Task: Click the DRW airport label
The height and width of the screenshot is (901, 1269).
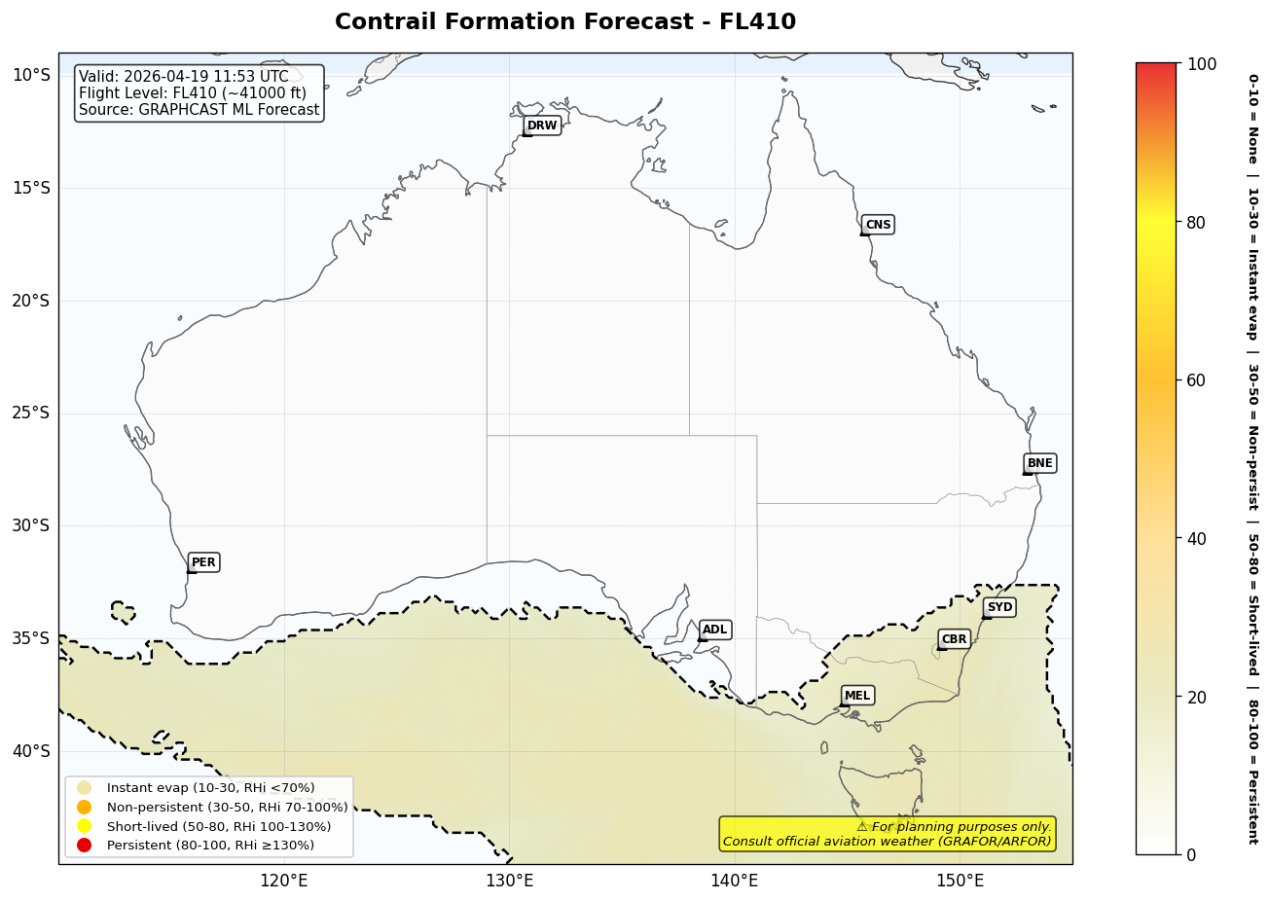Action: pyautogui.click(x=542, y=126)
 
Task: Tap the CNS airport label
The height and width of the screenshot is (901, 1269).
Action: pyautogui.click(x=878, y=225)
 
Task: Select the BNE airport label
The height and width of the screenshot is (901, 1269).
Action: pyautogui.click(x=1039, y=463)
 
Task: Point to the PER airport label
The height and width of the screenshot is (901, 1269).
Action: pyautogui.click(x=203, y=562)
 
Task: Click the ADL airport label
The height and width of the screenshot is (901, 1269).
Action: pyautogui.click(x=714, y=631)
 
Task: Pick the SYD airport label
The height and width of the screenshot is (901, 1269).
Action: pyautogui.click(x=999, y=607)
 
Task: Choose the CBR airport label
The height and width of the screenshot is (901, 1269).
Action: pyautogui.click(x=954, y=639)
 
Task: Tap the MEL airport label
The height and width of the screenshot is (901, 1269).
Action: pyautogui.click(x=857, y=696)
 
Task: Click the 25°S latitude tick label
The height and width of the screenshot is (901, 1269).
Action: pyautogui.click(x=30, y=414)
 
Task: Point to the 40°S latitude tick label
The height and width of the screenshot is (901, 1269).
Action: pyautogui.click(x=30, y=751)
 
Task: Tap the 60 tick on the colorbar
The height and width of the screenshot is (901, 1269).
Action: pyautogui.click(x=1196, y=380)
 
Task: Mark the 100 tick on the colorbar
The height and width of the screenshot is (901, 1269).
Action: pyautogui.click(x=1202, y=64)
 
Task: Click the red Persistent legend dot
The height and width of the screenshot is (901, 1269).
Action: pyautogui.click(x=84, y=845)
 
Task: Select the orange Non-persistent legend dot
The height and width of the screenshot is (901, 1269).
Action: pyautogui.click(x=84, y=807)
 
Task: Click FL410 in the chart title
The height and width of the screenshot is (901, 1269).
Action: pyautogui.click(x=757, y=22)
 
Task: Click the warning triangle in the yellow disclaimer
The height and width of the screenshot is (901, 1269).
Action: pyautogui.click(x=862, y=827)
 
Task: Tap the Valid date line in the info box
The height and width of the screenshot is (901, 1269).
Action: pyautogui.click(x=184, y=77)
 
